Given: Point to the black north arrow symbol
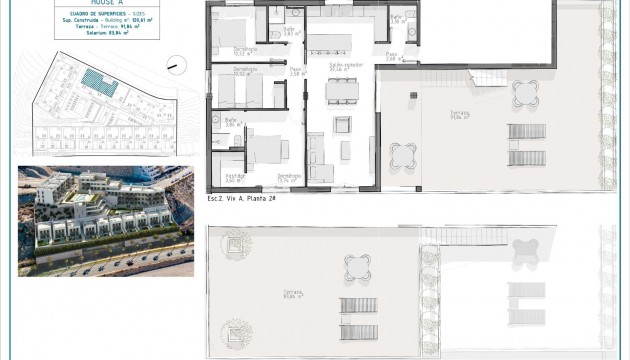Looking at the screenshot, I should point(173,65).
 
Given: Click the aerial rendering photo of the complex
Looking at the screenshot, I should point(105,219).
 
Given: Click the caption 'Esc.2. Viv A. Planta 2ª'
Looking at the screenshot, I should point(241,199).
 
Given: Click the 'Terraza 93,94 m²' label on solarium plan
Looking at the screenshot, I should point(293,294).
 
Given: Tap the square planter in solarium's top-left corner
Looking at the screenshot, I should point(236,244).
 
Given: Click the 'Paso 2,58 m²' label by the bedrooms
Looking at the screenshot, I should point(296,71).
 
